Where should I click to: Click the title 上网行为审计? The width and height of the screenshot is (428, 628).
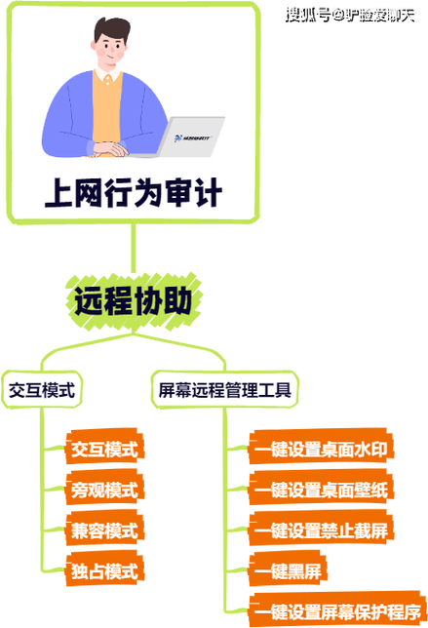click(134, 193)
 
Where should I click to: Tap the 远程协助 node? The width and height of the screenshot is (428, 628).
click(134, 301)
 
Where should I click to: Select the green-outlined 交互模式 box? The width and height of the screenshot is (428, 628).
click(42, 390)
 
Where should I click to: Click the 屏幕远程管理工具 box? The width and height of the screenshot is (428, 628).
click(224, 390)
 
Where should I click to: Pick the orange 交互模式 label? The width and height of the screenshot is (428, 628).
click(104, 449)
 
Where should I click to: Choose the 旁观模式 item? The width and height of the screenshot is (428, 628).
click(104, 490)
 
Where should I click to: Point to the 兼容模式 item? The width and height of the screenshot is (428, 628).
click(104, 530)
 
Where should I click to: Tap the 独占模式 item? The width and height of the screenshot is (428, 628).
click(104, 571)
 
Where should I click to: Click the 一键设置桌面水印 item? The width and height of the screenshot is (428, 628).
click(321, 449)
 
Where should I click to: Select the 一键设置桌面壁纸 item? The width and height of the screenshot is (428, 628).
click(321, 490)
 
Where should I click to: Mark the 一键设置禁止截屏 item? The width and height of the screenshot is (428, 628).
click(321, 530)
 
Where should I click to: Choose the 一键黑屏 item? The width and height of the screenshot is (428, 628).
click(288, 571)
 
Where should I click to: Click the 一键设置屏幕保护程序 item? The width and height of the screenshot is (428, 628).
click(337, 610)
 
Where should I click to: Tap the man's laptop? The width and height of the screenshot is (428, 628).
click(188, 137)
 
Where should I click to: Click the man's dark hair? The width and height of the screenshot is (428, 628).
click(112, 29)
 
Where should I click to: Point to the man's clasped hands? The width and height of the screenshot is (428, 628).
click(110, 150)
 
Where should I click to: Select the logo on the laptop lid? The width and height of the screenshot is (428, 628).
click(193, 137)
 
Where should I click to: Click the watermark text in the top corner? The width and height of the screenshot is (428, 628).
click(350, 16)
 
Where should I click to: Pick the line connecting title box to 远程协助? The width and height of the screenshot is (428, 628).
click(134, 249)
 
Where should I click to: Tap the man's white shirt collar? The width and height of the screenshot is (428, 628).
click(107, 75)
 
